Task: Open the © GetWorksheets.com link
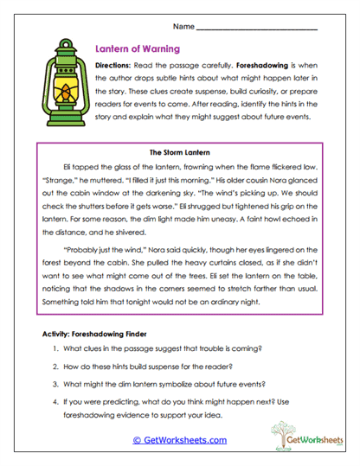tap(179, 440)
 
